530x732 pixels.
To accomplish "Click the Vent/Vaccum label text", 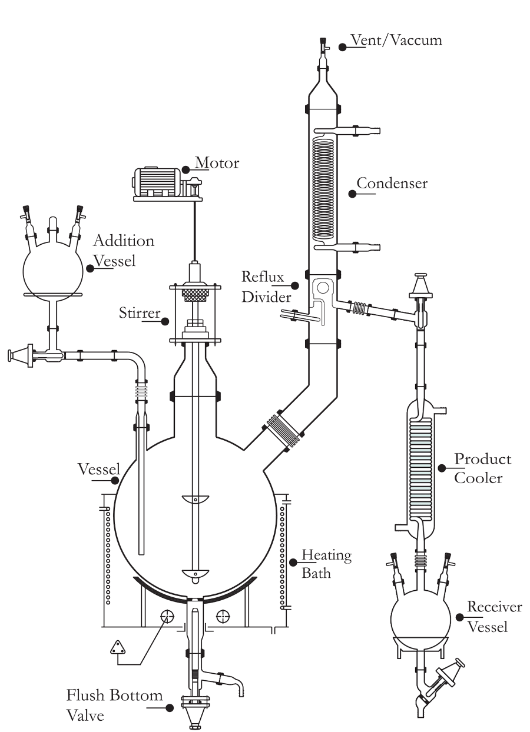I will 396,40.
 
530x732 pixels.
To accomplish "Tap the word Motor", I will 217,163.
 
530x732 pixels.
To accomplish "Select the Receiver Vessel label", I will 486,616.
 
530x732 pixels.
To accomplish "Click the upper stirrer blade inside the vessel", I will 195,500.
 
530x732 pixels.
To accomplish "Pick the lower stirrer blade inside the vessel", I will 195,573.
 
